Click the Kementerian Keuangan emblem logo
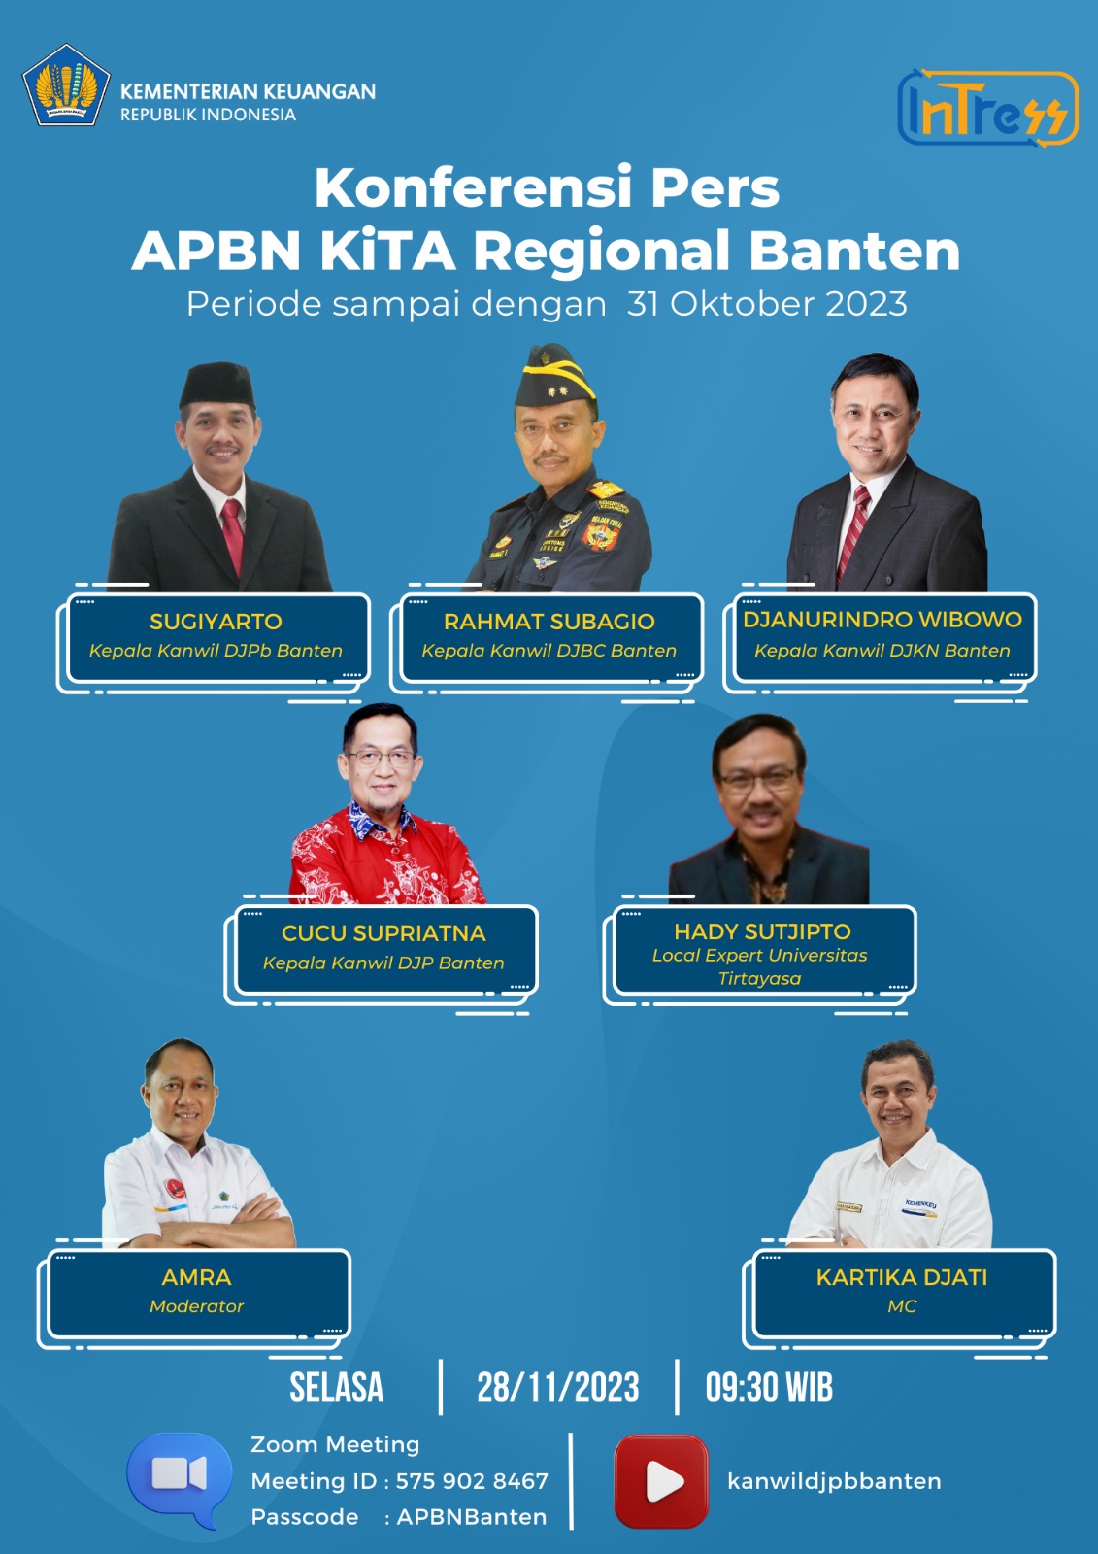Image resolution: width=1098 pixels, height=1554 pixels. pyautogui.click(x=66, y=84)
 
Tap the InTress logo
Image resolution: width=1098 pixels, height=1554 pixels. pyautogui.click(x=987, y=108)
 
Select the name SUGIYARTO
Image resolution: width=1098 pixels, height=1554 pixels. pyautogui.click(x=216, y=621)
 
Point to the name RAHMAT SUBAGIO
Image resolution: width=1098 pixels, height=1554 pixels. pyautogui.click(x=549, y=621)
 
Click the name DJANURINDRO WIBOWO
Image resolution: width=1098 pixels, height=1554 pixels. pyautogui.click(x=882, y=619)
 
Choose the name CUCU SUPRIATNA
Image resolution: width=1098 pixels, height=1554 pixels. pyautogui.click(x=383, y=933)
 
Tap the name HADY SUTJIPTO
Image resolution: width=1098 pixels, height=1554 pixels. pyautogui.click(x=762, y=931)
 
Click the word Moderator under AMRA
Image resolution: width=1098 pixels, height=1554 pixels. pyautogui.click(x=196, y=1306)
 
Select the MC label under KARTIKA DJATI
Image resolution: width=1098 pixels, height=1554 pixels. pyautogui.click(x=902, y=1306)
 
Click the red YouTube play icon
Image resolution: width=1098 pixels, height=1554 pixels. pyautogui.click(x=661, y=1481)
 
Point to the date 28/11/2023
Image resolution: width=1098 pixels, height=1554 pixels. pyautogui.click(x=557, y=1388)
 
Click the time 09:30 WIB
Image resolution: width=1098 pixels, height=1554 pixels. pyautogui.click(x=769, y=1388)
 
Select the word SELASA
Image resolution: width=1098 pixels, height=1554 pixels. pyautogui.click(x=337, y=1388)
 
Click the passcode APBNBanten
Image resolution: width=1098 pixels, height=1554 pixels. pyautogui.click(x=472, y=1517)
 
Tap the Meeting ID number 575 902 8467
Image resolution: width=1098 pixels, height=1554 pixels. pyautogui.click(x=472, y=1481)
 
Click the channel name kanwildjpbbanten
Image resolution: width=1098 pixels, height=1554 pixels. pyautogui.click(x=834, y=1482)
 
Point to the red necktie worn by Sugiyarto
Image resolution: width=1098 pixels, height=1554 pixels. pyautogui.click(x=233, y=536)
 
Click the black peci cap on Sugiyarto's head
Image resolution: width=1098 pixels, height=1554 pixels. pyautogui.click(x=217, y=385)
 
